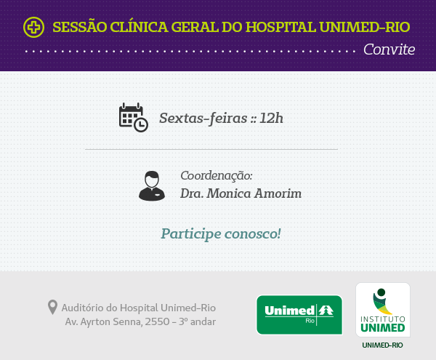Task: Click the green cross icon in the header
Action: click(x=33, y=27)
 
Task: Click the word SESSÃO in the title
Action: click(x=80, y=26)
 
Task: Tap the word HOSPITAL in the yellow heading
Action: click(x=280, y=27)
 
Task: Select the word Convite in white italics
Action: click(x=389, y=49)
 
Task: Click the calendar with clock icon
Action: click(x=134, y=117)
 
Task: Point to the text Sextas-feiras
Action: click(x=203, y=119)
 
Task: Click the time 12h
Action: click(x=271, y=118)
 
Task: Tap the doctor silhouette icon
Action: click(x=152, y=186)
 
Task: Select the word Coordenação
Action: click(x=217, y=176)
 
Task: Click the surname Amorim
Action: click(x=278, y=193)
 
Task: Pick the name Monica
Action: click(x=229, y=193)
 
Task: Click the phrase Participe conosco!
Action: click(x=221, y=233)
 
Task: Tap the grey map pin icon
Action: click(x=52, y=307)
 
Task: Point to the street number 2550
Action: click(x=157, y=322)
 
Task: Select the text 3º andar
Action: click(x=197, y=322)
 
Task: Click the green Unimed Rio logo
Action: click(x=299, y=315)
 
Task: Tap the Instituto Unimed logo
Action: click(x=383, y=310)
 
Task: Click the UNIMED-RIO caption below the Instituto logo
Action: click(x=382, y=345)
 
